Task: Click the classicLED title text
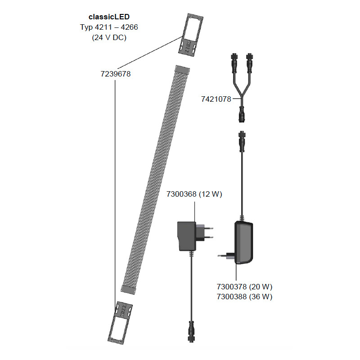109,17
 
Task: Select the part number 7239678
116,74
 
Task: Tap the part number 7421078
216,99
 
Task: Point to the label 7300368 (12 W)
194,194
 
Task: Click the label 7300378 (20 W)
244,287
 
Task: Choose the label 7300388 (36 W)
244,297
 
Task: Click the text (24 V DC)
109,37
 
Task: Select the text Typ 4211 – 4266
109,27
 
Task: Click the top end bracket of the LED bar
191,35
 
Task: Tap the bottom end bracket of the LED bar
120,323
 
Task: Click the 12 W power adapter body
187,236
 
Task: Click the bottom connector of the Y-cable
242,114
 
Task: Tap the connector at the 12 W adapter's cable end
191,332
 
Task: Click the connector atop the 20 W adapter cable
242,141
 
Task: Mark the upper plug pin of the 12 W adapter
209,228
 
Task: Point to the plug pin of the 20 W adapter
222,256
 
